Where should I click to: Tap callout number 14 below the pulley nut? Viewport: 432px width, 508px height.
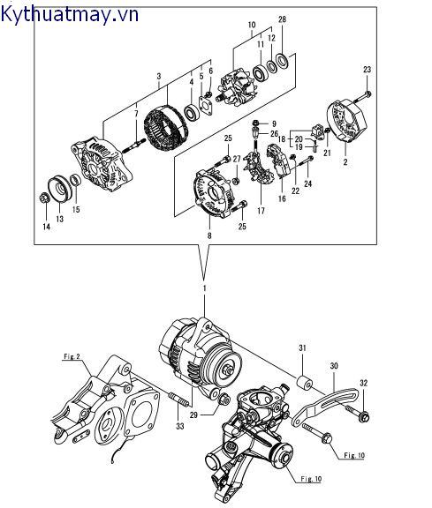point(47,227)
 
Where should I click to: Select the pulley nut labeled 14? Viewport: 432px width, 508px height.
point(44,198)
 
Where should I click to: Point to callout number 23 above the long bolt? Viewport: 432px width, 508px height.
point(367,70)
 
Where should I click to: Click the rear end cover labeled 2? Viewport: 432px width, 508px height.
point(346,122)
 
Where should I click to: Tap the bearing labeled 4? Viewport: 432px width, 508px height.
point(191,113)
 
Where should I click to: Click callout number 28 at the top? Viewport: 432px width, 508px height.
point(282,19)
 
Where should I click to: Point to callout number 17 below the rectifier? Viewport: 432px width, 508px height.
point(261,211)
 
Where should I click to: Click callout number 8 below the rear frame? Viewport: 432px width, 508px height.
point(209,235)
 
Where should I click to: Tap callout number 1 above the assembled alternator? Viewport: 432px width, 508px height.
point(204,288)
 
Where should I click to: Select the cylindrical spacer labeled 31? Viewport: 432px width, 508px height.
point(305,382)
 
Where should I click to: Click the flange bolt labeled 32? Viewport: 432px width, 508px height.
point(357,413)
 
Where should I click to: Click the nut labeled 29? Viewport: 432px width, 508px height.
point(225,400)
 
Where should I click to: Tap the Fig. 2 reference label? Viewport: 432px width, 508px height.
point(72,356)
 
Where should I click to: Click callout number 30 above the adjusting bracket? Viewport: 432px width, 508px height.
point(334,366)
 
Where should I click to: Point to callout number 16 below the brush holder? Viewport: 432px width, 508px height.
point(282,198)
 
